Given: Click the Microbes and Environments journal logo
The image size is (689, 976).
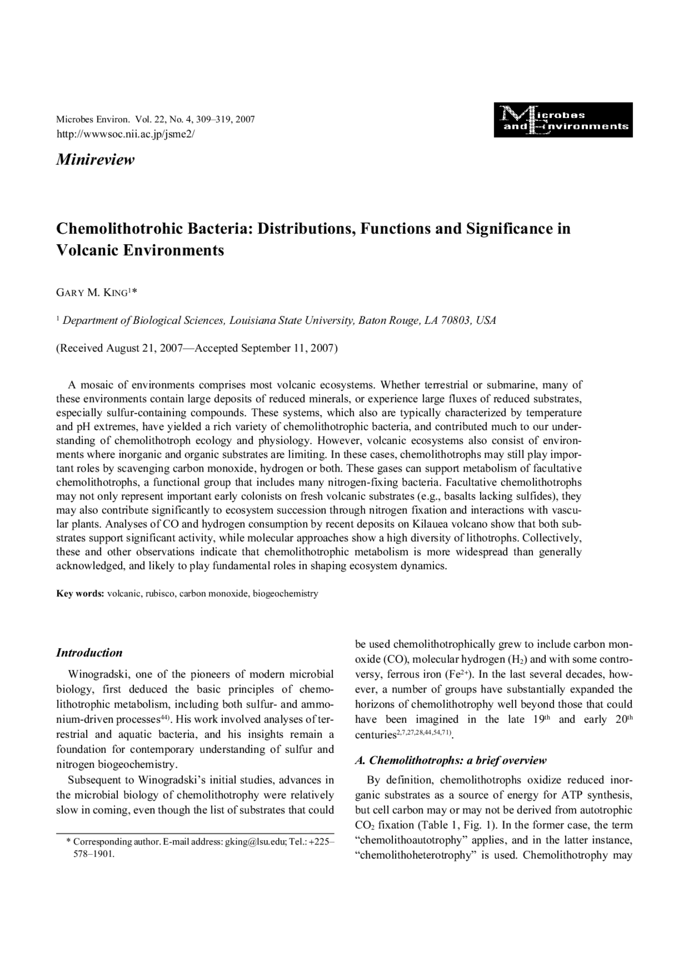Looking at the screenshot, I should click(563, 120).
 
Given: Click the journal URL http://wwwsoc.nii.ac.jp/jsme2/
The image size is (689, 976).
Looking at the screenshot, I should click(125, 134).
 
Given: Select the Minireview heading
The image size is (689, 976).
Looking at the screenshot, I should click(95, 160).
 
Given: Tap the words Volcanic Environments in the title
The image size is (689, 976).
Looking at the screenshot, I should click(140, 251).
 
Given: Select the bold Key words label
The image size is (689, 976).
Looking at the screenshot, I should click(80, 594).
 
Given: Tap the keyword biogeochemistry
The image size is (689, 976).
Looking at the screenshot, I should click(285, 594).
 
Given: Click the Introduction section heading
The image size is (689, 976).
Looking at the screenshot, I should click(89, 653).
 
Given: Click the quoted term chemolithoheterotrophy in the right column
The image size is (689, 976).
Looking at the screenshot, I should click(413, 855).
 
